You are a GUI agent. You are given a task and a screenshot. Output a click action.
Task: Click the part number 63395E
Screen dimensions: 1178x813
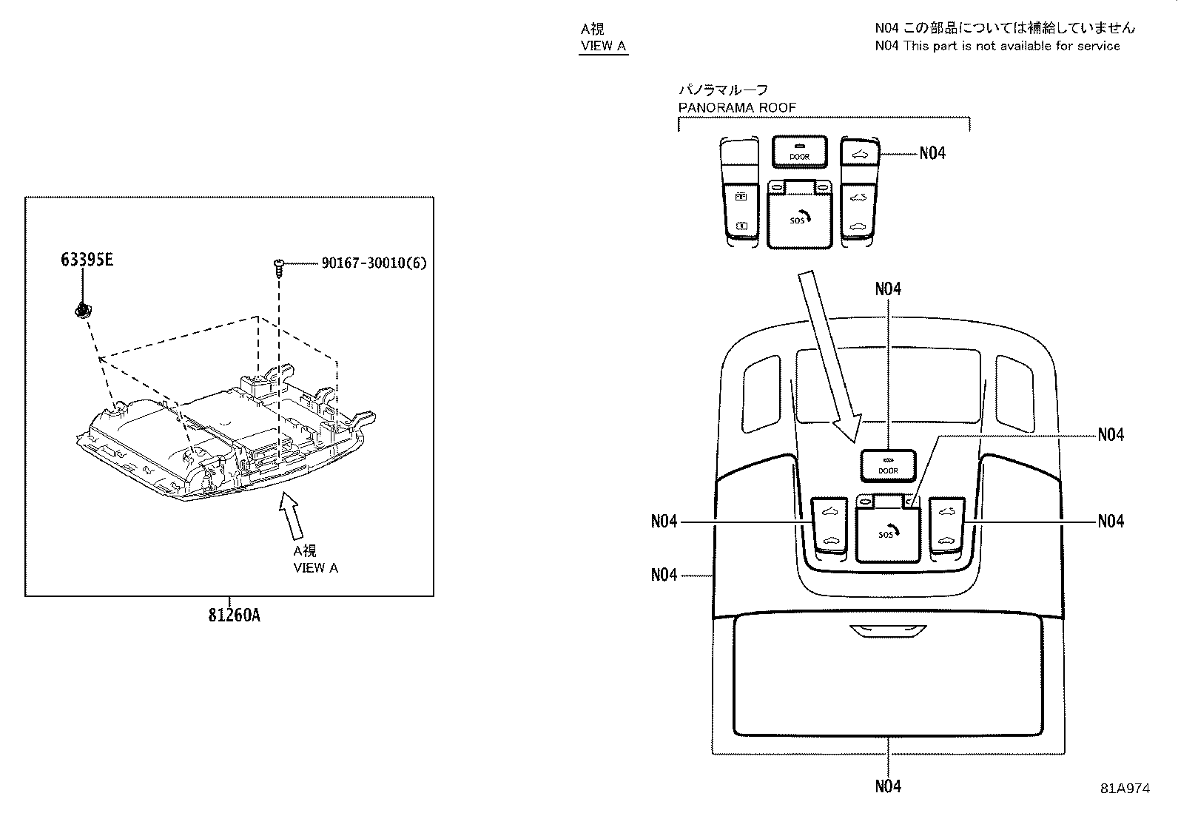click(x=87, y=260)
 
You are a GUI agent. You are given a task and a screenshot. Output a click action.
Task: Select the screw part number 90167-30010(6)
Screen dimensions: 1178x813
click(x=374, y=263)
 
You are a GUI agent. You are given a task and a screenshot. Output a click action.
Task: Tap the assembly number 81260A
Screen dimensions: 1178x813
click(x=234, y=615)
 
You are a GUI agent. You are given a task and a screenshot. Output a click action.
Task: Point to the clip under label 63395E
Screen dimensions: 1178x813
click(x=82, y=311)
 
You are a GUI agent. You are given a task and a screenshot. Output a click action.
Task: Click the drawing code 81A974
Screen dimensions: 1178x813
click(x=1125, y=789)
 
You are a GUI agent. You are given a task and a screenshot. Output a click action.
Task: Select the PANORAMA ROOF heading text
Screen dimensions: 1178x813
click(x=737, y=108)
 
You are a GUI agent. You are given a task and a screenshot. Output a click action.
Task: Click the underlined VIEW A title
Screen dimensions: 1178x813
click(x=603, y=46)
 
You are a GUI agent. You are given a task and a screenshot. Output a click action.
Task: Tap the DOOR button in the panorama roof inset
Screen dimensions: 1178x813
click(x=799, y=152)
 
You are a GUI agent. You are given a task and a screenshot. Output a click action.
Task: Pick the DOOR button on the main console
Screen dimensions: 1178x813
click(x=888, y=466)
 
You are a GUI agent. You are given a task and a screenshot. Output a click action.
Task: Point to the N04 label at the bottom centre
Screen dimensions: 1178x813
click(x=888, y=786)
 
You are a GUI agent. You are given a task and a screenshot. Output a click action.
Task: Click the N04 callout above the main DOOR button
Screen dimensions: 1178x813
click(x=888, y=289)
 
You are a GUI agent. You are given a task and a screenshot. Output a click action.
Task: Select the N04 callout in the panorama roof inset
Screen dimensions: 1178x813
click(x=932, y=153)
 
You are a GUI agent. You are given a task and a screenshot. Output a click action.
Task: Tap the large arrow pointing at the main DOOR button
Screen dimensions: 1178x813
click(x=829, y=356)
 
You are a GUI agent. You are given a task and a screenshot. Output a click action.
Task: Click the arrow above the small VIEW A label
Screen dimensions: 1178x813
click(x=291, y=516)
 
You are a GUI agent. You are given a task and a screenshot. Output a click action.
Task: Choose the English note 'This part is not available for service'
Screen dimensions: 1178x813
click(x=1012, y=47)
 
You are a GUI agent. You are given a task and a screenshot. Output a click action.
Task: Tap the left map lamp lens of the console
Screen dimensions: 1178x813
click(x=761, y=394)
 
